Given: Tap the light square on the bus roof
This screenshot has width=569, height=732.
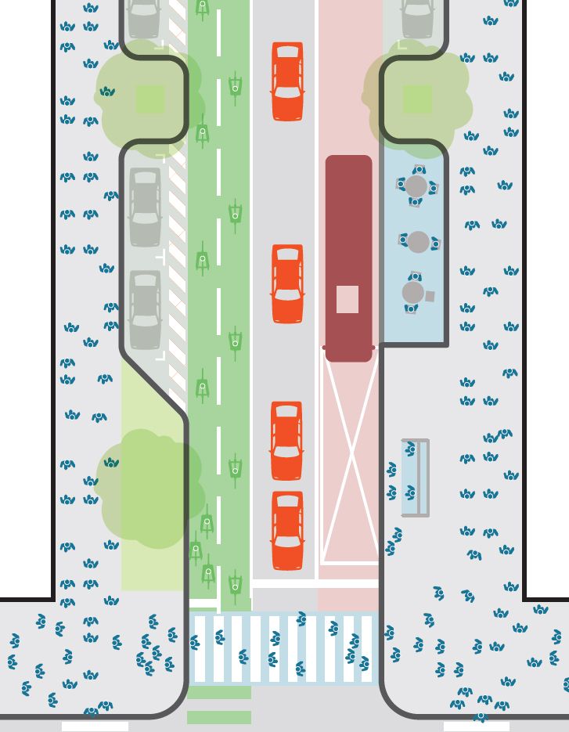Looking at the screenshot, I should [348, 299].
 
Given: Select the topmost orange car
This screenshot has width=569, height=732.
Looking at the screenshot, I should [287, 81].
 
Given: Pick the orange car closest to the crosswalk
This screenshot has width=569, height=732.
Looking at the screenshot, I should [287, 530].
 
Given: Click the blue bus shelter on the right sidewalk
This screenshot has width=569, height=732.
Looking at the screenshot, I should [415, 478].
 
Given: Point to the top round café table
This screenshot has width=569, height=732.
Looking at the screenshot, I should [416, 186].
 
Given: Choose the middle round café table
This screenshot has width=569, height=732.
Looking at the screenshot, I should [418, 242].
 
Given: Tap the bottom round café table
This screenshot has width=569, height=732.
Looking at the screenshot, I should [412, 293].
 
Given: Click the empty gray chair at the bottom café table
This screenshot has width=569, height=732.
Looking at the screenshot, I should [430, 297].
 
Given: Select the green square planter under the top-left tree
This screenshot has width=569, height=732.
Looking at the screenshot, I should [150, 99].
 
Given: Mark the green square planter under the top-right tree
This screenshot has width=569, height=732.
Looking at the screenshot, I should [417, 99].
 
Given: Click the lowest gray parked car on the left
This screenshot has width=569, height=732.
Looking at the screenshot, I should [145, 309].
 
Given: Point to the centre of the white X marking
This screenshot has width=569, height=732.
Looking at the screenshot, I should [351, 456].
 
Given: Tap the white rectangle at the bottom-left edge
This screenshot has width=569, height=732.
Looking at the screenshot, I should [95, 727].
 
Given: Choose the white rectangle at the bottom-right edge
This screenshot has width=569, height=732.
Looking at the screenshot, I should [476, 727].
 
